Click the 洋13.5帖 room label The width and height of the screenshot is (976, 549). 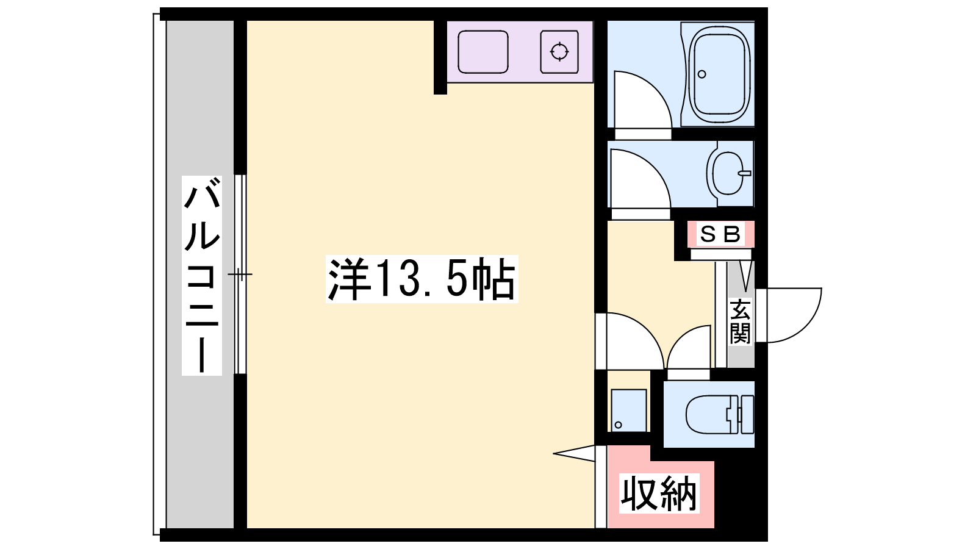(422, 279)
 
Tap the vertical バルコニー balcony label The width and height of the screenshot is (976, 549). (202, 275)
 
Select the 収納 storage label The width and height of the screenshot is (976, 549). (659, 493)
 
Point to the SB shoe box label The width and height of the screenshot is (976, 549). (720, 234)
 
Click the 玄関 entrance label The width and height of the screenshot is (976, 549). (740, 321)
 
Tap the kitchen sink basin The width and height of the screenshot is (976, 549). (483, 52)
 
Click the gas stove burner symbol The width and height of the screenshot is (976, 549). (559, 52)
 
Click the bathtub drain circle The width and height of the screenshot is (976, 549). (701, 74)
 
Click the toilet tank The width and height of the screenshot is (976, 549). (747, 414)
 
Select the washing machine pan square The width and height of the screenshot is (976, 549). (628, 410)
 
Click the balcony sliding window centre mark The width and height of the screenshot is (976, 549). (240, 274)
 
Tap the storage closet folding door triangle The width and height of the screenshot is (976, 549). (574, 453)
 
